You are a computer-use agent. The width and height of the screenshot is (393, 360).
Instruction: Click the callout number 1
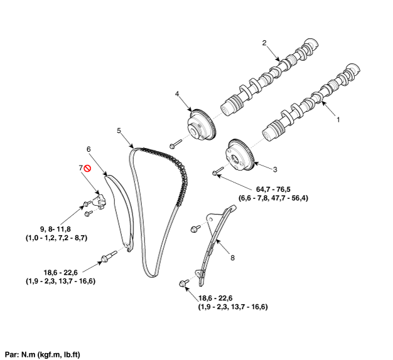pyautogui.click(x=339, y=118)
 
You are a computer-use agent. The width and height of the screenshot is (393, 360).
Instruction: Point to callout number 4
pyautogui.click(x=177, y=94)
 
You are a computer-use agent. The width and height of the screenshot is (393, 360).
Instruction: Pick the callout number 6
pyautogui.click(x=89, y=149)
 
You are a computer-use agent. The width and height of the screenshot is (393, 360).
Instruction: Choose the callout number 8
pyautogui.click(x=232, y=257)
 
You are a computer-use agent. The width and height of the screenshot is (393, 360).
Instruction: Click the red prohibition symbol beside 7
pyautogui.click(x=89, y=168)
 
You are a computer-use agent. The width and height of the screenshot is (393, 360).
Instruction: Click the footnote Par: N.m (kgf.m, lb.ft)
pyautogui.click(x=43, y=354)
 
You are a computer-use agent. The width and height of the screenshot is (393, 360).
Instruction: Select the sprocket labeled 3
pyautogui.click(x=239, y=154)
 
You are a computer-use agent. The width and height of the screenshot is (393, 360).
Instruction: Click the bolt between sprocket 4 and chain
pyautogui.click(x=175, y=144)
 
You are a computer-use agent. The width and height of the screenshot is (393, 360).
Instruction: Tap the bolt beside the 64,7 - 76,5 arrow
pyautogui.click(x=217, y=169)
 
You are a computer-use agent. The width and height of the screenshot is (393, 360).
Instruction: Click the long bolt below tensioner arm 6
pyautogui.click(x=108, y=256)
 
